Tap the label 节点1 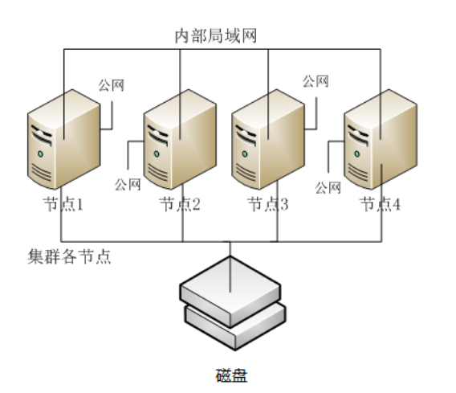64,204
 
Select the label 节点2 179,204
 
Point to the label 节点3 267,204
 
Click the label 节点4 380,204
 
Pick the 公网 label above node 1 112,84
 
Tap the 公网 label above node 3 316,80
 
